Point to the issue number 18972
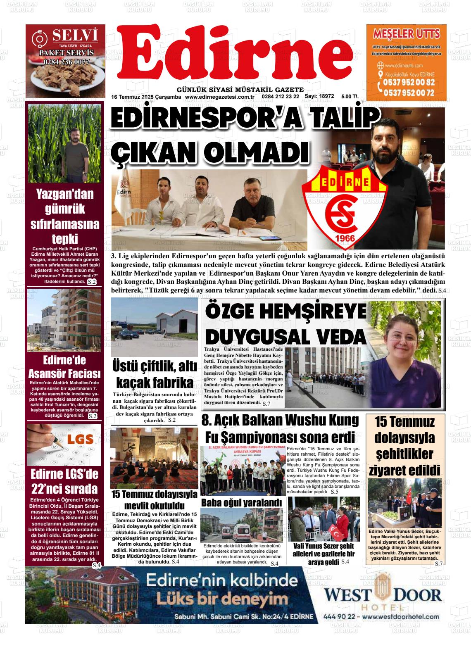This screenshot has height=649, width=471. [326, 96]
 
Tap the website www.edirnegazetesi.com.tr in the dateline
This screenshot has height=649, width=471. [219, 97]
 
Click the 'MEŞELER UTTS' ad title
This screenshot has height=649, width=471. [406, 33]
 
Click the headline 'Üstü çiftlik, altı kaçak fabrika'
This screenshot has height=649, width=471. [155, 374]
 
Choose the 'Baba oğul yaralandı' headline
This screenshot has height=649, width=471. [241, 503]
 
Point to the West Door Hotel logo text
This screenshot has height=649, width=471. [382, 595]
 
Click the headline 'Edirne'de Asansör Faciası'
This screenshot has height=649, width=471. [64, 367]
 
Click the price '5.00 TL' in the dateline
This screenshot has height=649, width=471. [350, 97]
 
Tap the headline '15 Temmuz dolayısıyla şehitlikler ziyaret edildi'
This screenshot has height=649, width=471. [404, 446]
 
